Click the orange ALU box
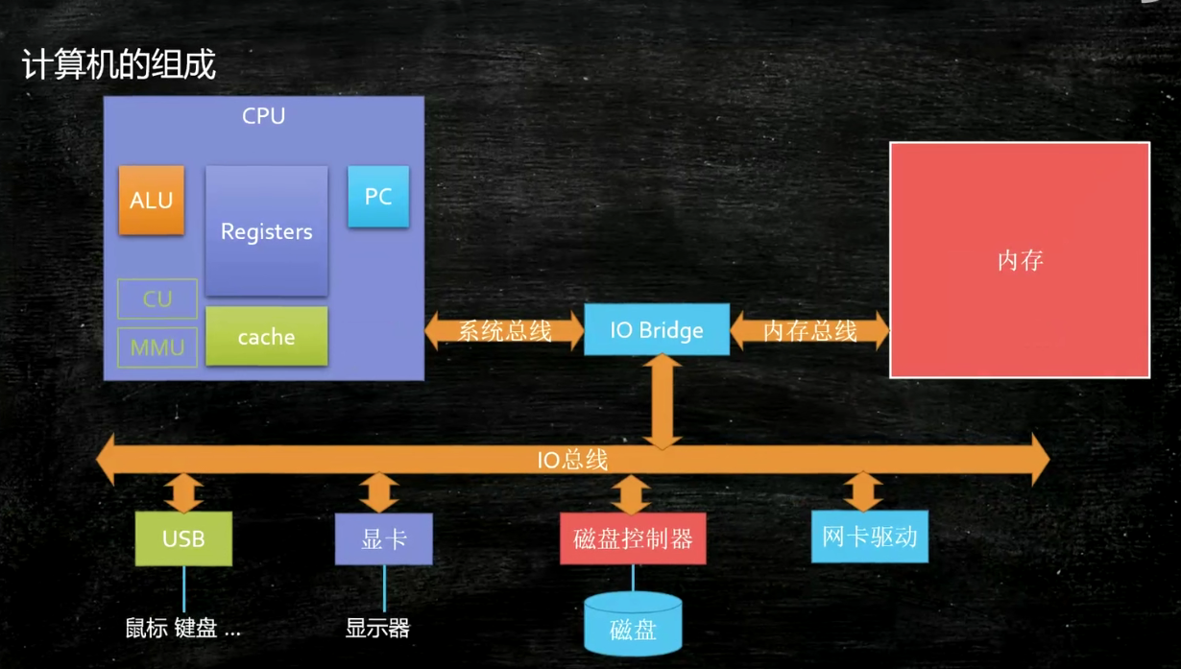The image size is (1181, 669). [152, 201]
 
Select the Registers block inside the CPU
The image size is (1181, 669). [267, 231]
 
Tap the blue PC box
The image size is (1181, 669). [378, 197]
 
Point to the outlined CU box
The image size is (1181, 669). [157, 299]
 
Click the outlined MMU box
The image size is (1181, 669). [157, 347]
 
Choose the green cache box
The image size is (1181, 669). [267, 336]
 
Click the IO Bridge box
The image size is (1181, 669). [657, 329]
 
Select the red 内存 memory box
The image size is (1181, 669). [1020, 260]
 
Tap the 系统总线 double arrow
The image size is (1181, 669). [504, 330]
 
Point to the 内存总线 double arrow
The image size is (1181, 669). [809, 330]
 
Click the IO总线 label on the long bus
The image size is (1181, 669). [572, 460]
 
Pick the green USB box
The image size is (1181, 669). [183, 538]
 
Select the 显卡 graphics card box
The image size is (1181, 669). [384, 539]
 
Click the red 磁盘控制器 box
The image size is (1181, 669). [633, 538]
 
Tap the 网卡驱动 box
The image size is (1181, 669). [870, 537]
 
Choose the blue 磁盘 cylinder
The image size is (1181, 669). [633, 624]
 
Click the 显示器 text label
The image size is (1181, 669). [377, 629]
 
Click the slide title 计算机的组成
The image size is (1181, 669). [119, 64]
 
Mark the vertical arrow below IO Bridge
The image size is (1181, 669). [663, 402]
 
